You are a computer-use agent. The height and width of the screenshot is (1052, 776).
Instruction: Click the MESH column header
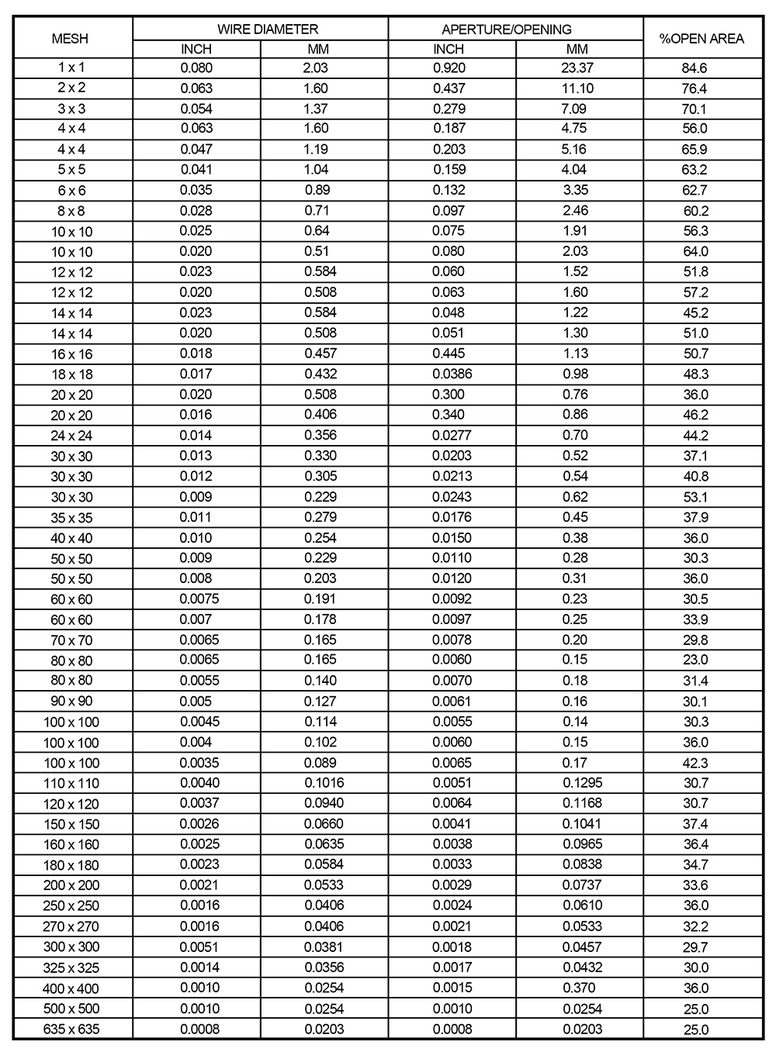click(70, 39)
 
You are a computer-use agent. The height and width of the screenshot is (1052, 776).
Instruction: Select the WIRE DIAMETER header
click(268, 29)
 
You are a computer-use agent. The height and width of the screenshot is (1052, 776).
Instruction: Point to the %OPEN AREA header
click(702, 39)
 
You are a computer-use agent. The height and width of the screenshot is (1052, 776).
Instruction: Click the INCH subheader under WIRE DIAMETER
click(196, 50)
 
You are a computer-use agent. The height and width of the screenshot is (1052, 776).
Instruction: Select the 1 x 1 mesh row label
click(71, 67)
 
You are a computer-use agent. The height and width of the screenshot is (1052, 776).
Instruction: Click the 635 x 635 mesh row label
click(71, 1030)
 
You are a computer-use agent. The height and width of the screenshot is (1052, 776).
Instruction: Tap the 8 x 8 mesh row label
click(71, 211)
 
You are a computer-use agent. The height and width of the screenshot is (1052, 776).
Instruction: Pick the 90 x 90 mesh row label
click(71, 702)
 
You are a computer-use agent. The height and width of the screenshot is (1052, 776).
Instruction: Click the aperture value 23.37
click(577, 67)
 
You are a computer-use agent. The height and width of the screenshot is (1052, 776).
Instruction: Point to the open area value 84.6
click(695, 68)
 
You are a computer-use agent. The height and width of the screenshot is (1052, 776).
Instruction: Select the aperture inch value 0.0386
click(452, 374)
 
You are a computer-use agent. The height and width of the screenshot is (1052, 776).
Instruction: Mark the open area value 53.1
click(695, 497)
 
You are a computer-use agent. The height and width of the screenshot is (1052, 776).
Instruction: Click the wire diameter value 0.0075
click(199, 598)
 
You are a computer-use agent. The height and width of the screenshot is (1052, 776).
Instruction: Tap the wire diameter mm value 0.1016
click(324, 783)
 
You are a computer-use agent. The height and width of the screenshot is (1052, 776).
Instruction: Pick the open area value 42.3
click(695, 763)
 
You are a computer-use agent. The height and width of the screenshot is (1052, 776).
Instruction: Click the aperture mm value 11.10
click(577, 88)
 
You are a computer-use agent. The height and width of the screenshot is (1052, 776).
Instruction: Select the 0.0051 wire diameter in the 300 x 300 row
click(199, 947)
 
